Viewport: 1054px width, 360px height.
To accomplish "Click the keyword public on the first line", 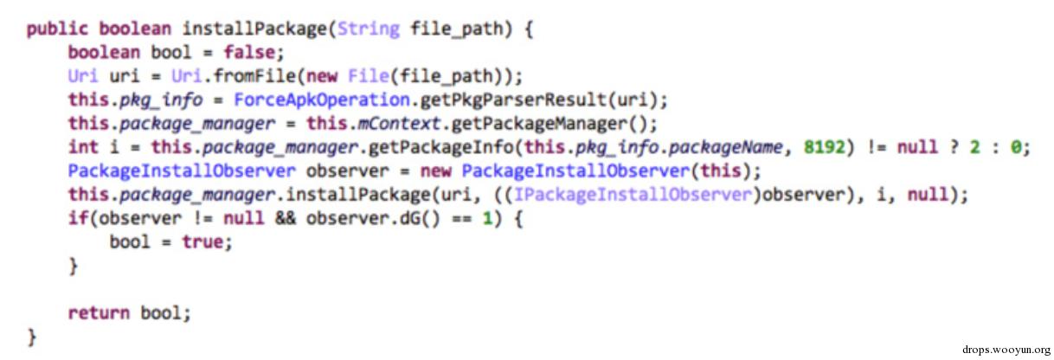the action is click(57, 29).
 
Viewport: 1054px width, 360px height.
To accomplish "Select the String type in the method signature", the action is click(369, 29).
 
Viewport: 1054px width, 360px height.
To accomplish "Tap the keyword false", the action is click(249, 52).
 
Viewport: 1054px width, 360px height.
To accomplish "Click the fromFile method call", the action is click(254, 76).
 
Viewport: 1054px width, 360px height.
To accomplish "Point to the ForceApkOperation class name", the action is click(322, 100).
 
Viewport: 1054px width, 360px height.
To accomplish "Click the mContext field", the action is click(399, 123).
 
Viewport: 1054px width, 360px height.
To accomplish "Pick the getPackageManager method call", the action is click(539, 124).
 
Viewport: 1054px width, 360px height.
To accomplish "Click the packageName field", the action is click(726, 148).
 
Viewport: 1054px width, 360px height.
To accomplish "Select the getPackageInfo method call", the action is click(440, 148).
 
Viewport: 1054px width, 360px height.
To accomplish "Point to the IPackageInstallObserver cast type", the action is click(633, 195).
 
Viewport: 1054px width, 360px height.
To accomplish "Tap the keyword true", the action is click(202, 242).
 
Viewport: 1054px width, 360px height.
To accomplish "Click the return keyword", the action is click(99, 313).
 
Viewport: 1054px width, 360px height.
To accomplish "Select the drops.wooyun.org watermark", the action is click(1006, 350).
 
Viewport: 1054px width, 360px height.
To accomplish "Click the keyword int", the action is click(83, 147).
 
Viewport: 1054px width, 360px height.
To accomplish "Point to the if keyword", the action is click(78, 218).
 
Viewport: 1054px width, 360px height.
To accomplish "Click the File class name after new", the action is click(369, 76).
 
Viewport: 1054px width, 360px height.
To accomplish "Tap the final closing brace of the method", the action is click(31, 337).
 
